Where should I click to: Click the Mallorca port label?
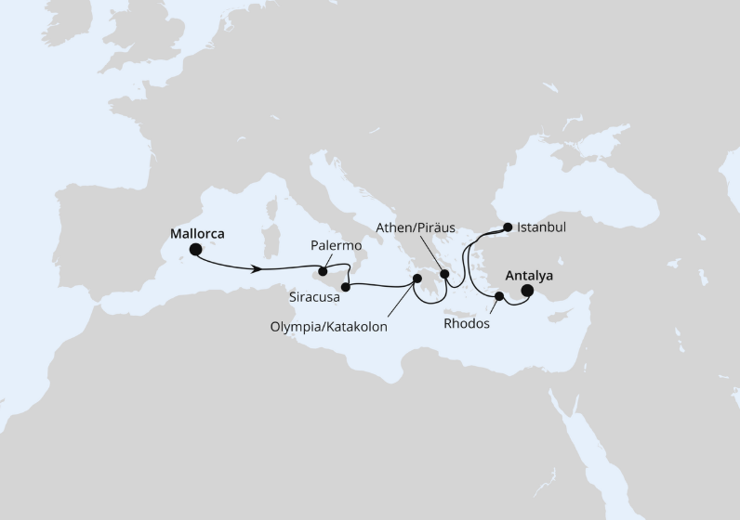199,234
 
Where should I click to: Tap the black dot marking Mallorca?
196,250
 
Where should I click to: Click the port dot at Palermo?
323,272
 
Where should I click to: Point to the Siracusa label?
313,298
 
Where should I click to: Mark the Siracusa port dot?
345,287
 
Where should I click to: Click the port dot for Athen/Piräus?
444,275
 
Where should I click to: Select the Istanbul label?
542,226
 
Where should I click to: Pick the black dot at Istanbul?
508,227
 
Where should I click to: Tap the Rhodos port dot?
499,297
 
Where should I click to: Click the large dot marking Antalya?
527,292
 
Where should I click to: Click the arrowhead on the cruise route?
254,269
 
